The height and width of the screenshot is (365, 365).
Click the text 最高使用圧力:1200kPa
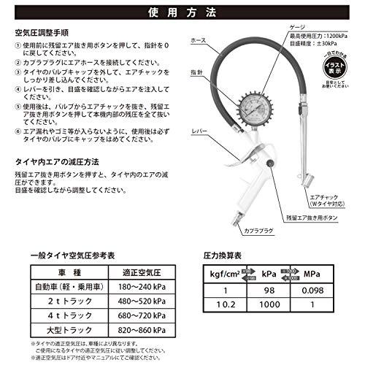[x=304, y=34]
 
